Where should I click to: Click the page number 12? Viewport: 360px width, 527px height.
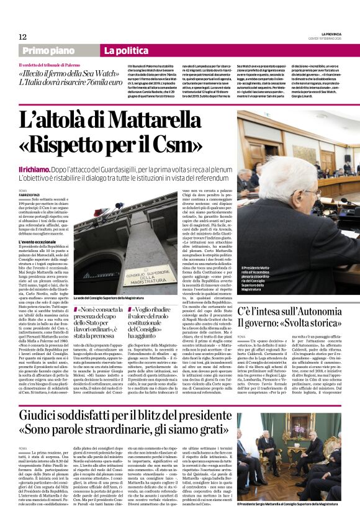tap(22, 37)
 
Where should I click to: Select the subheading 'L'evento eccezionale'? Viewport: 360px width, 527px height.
tap(38, 243)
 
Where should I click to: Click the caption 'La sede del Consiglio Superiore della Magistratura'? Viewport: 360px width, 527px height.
tap(115, 298)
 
